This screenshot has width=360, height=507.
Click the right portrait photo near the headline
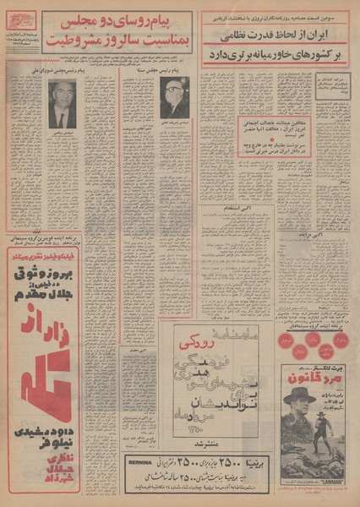[174, 97]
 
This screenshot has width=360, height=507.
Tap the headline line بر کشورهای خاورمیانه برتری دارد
[275, 52]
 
